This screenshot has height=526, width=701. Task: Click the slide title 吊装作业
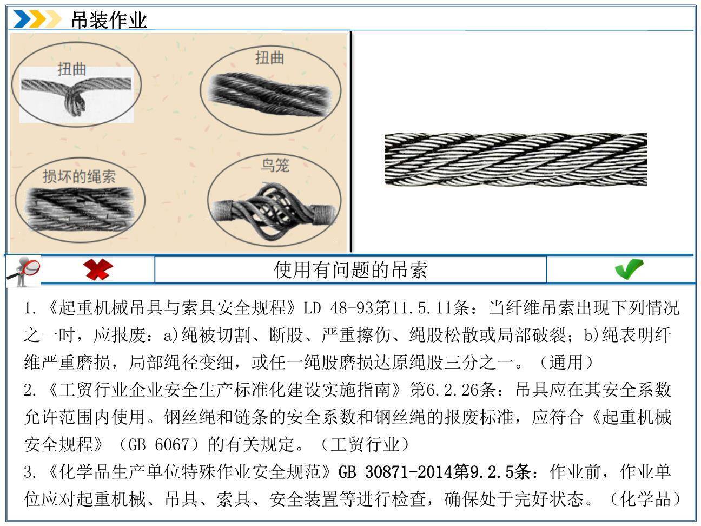pos(109,20)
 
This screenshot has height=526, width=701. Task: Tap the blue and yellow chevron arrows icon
pos(37,19)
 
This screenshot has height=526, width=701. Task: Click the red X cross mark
pos(98,269)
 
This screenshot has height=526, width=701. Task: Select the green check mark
pos(629,269)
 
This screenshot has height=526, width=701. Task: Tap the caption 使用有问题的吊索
pos(350,269)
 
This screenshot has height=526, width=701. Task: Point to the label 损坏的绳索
pos(79,176)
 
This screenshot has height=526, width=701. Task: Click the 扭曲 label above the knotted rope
pos(72,69)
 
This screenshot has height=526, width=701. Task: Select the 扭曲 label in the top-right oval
pos(269,57)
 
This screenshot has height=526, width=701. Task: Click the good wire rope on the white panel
pos(515,159)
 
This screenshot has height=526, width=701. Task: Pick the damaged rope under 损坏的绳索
pos(81,211)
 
